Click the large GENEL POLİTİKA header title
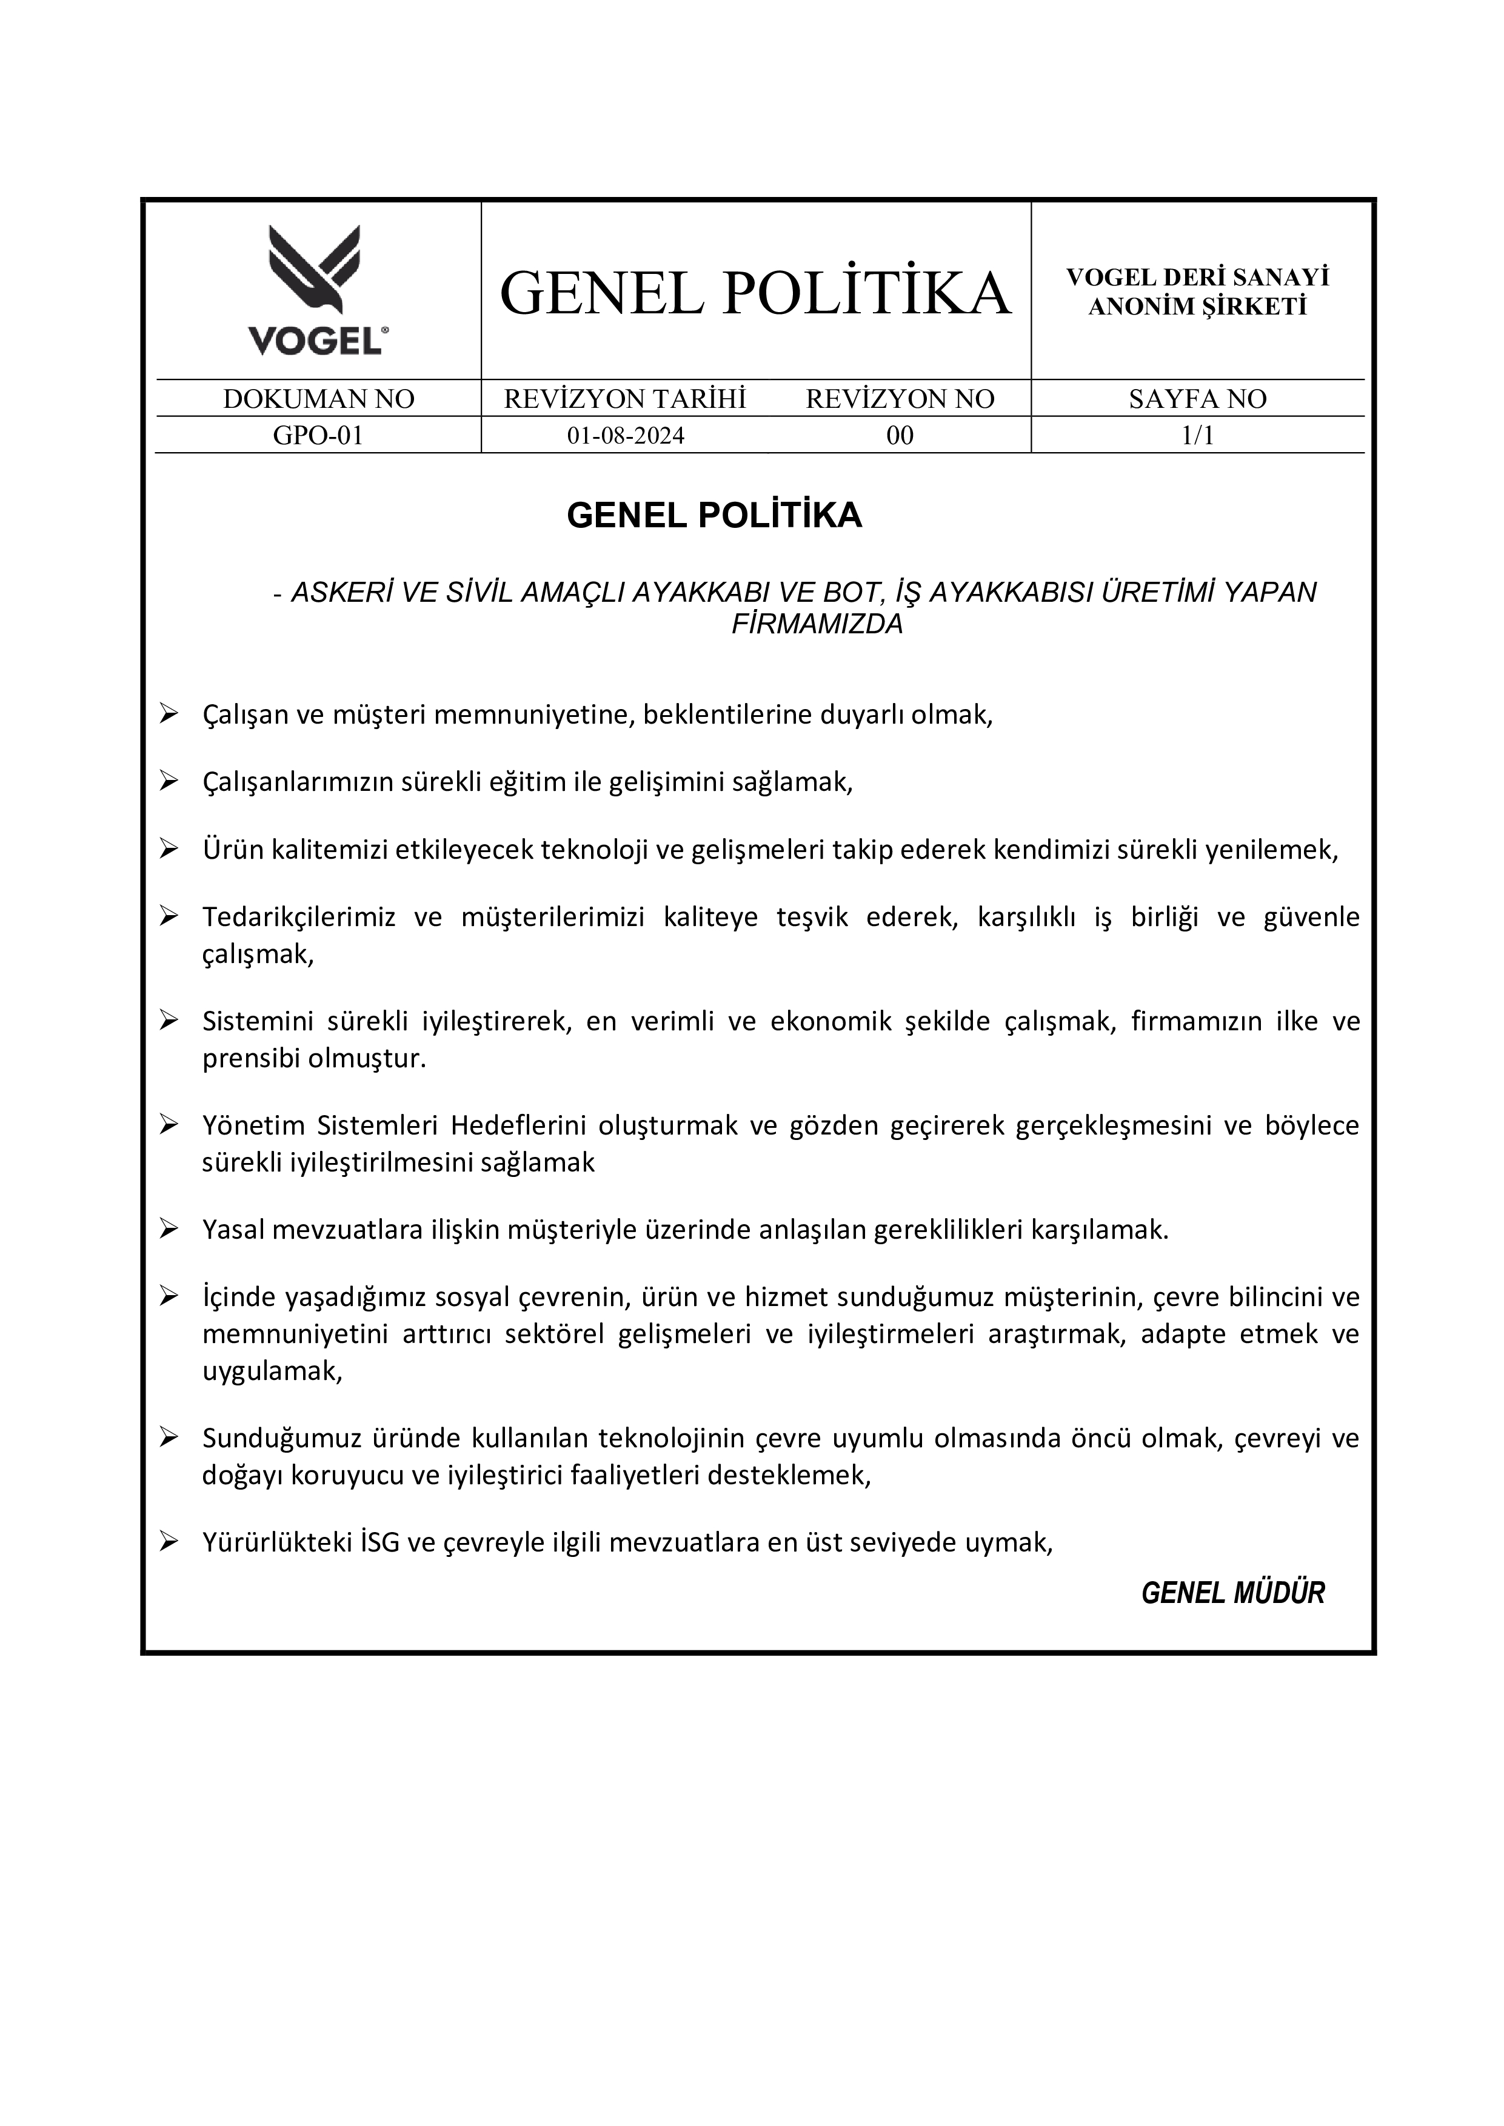click(x=755, y=293)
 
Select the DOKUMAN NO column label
click(x=319, y=399)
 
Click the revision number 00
click(x=899, y=435)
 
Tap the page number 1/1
click(x=1197, y=435)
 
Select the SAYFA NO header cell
click(x=1197, y=399)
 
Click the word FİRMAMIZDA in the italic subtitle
click(x=817, y=625)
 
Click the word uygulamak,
click(x=272, y=1371)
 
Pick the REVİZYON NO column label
click(x=899, y=399)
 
